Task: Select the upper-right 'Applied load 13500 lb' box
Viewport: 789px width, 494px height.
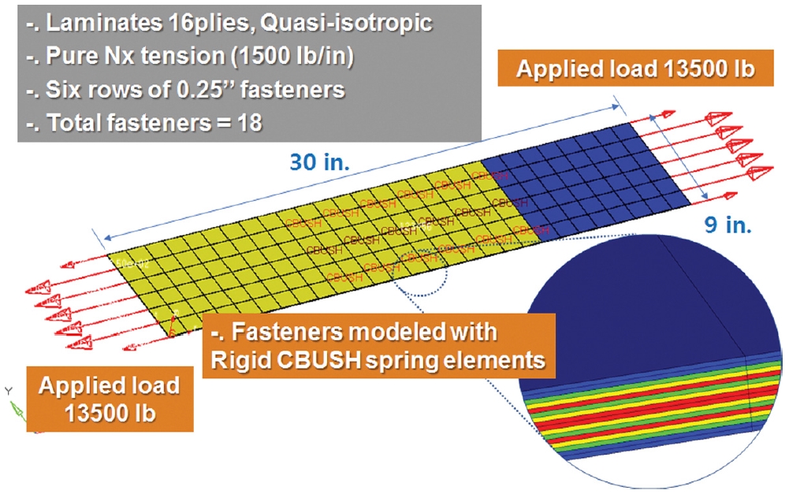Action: tap(635, 69)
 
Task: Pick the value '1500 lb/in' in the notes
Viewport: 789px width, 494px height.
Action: tap(292, 56)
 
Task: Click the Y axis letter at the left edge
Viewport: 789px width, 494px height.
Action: tap(8, 391)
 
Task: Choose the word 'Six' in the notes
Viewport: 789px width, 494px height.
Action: tap(63, 89)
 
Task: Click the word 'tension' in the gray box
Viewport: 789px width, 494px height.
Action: tap(181, 56)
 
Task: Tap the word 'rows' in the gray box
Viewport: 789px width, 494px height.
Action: tap(117, 90)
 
